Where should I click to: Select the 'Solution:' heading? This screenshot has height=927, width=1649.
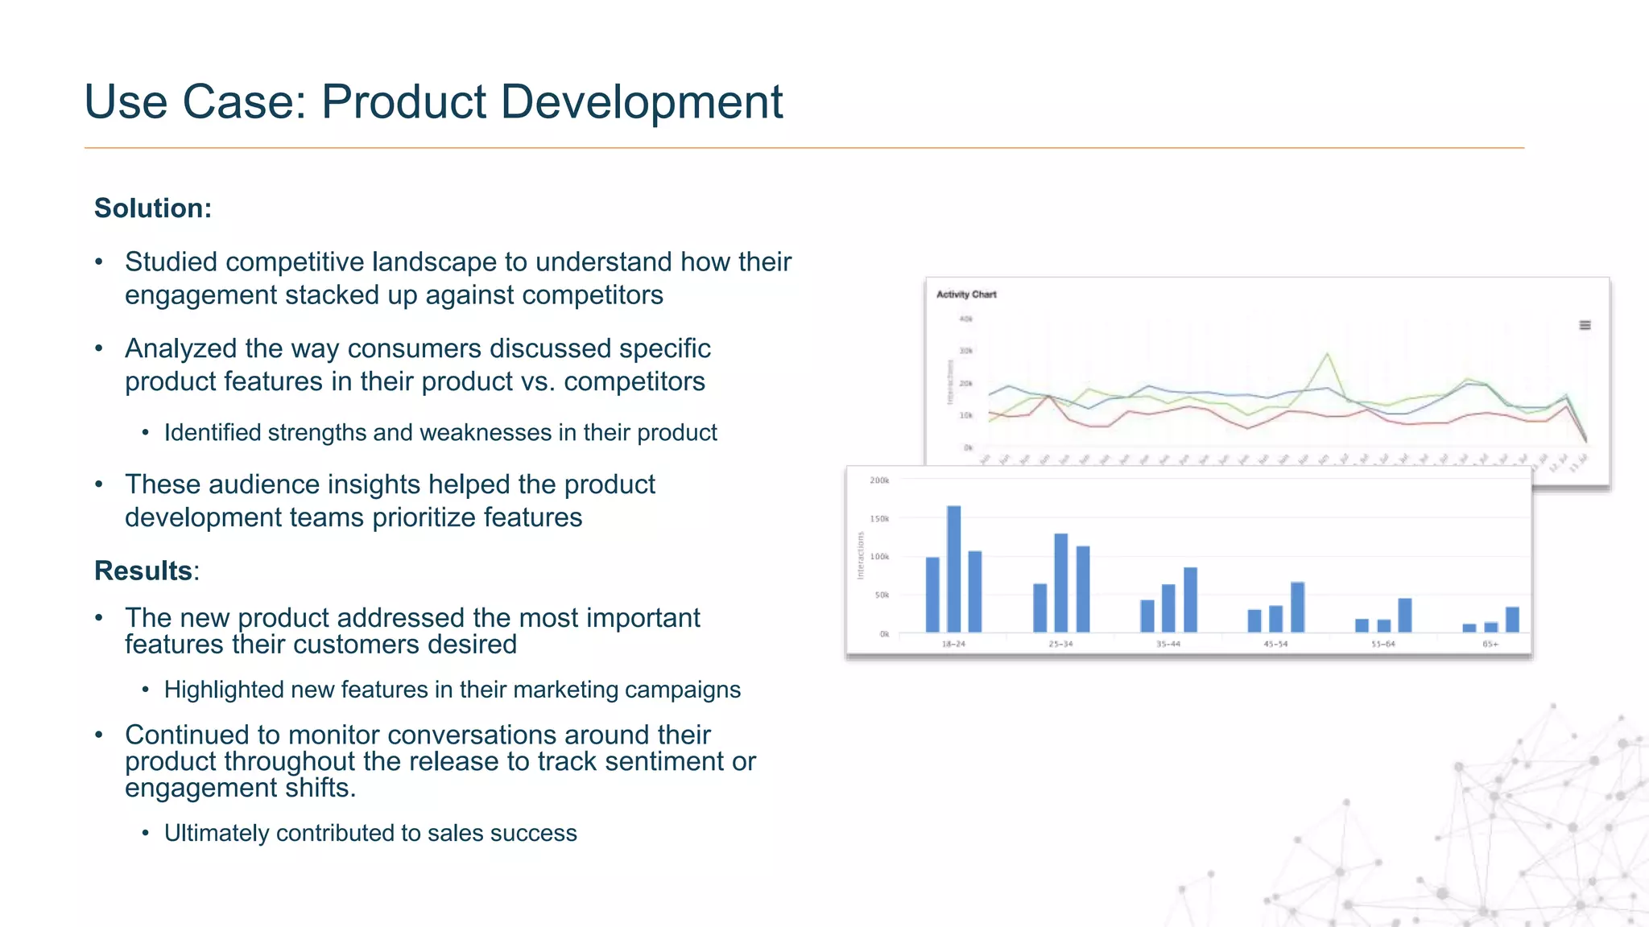coord(153,208)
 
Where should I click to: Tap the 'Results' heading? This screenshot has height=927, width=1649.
coord(143,571)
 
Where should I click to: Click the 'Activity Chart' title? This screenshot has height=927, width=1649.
coord(966,295)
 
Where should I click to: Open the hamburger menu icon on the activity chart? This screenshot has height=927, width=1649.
coord(1585,325)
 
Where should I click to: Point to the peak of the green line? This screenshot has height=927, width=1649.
coord(1327,353)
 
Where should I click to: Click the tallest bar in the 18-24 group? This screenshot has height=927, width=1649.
coord(953,568)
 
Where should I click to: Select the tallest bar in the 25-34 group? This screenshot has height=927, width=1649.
coord(1061,582)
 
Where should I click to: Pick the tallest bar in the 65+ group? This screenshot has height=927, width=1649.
coord(1512,619)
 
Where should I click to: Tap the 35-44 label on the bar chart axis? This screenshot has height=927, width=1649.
coord(1168,645)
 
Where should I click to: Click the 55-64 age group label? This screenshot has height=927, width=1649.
coord(1383,645)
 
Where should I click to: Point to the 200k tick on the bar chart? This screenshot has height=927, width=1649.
coord(879,481)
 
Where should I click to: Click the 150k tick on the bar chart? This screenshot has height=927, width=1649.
coord(879,519)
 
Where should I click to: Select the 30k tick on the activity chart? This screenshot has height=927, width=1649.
coord(966,352)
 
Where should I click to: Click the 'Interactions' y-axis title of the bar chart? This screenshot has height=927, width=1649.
coord(860,555)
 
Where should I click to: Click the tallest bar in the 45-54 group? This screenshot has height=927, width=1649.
coord(1297,607)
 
